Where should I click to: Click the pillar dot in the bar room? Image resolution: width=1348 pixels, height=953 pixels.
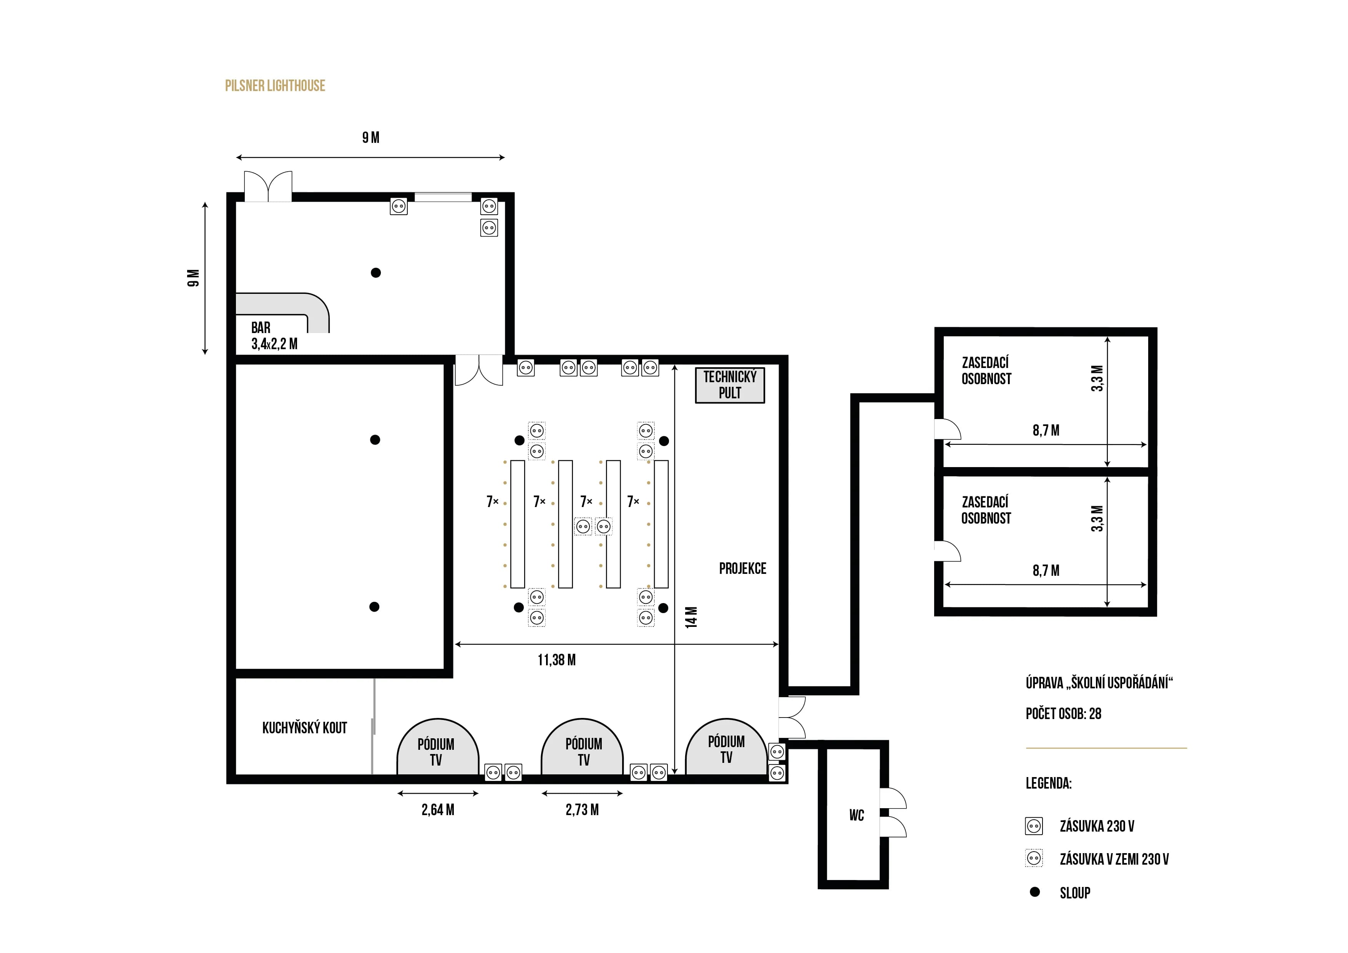[376, 272]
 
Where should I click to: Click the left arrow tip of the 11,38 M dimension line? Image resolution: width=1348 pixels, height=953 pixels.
[456, 644]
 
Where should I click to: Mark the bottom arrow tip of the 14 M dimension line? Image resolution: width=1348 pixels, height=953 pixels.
[675, 774]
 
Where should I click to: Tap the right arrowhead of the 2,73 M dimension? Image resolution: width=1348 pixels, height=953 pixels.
[623, 793]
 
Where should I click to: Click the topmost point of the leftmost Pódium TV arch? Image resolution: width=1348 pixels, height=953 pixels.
[438, 719]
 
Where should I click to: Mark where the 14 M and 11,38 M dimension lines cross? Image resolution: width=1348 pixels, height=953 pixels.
[675, 644]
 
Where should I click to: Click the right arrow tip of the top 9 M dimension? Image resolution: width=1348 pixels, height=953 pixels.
[504, 157]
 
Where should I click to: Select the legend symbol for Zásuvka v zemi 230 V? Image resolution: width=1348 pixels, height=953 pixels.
[1034, 859]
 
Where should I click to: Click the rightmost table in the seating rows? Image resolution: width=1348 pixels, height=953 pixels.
[661, 524]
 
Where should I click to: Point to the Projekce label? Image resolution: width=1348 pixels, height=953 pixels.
[743, 568]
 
